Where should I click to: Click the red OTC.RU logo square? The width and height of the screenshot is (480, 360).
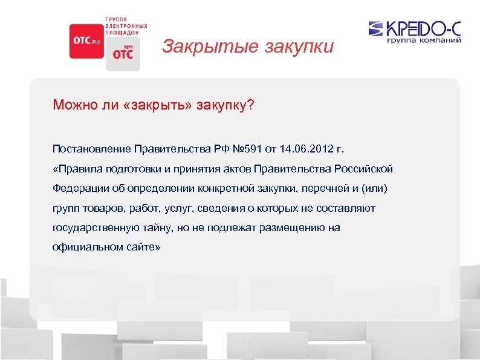(x=86, y=41)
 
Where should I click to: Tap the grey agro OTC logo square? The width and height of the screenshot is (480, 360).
(x=123, y=54)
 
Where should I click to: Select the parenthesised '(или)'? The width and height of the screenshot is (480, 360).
(x=374, y=188)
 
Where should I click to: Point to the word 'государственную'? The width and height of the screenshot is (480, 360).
(x=92, y=227)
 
